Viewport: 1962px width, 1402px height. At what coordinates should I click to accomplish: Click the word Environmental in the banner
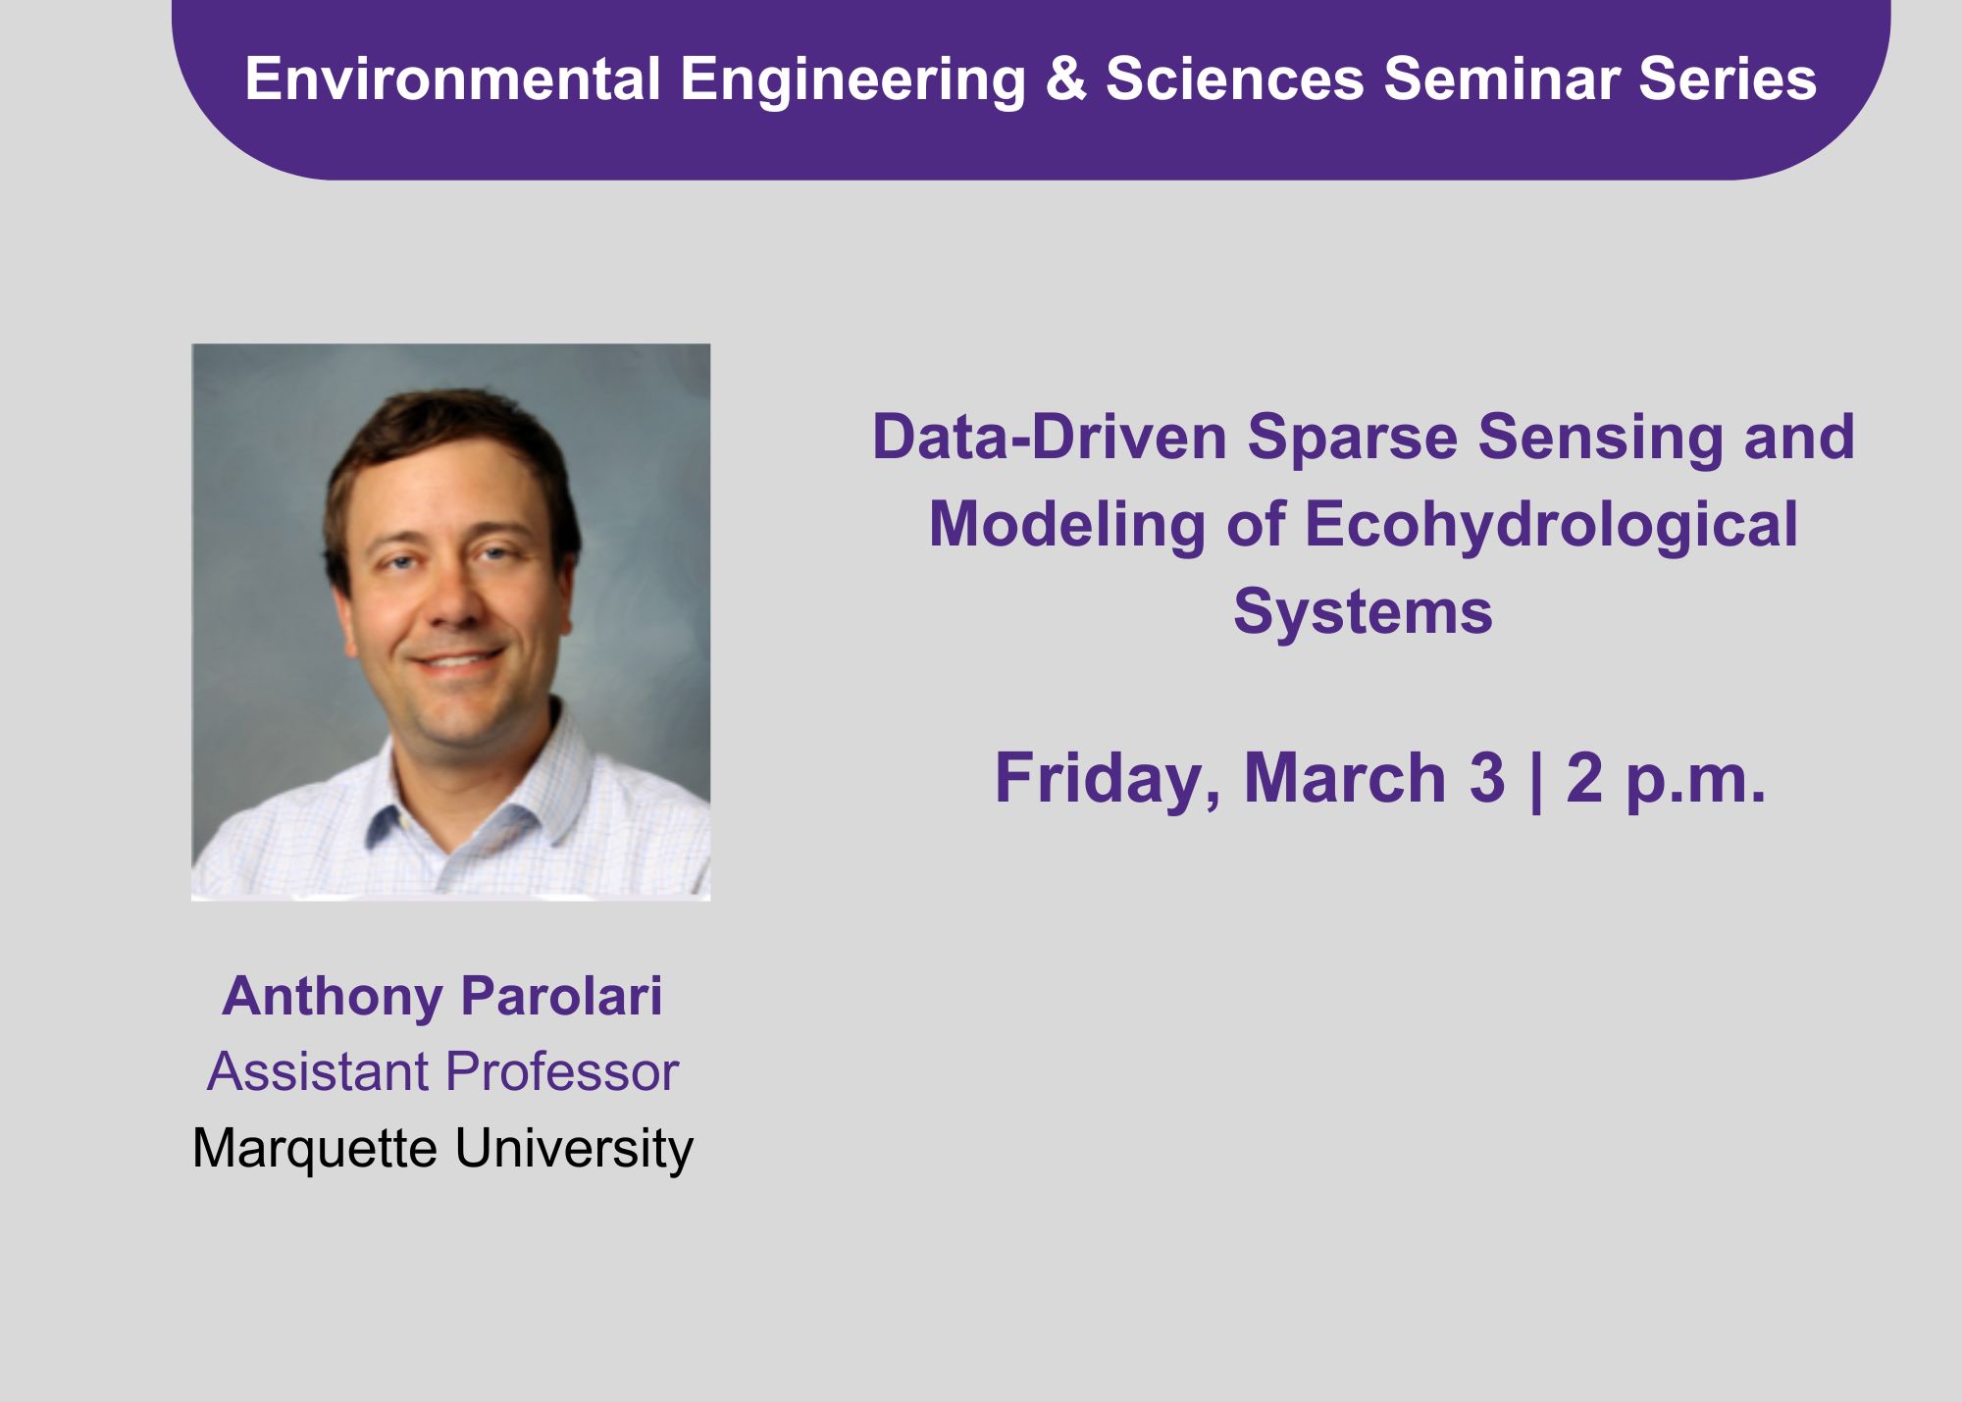pos(452,78)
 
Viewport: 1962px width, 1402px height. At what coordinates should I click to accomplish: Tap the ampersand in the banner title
pos(1066,78)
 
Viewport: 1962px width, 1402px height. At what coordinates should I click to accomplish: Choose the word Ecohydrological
pos(1551,524)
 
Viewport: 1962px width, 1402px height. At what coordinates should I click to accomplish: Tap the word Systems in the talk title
pos(1363,612)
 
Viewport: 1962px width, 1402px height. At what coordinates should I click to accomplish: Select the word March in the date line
pos(1345,778)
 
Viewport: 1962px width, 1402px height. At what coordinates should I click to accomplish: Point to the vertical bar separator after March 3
pos(1535,780)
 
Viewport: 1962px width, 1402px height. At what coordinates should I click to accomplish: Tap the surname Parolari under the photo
pos(561,996)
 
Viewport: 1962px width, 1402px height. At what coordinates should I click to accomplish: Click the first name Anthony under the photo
pos(333,998)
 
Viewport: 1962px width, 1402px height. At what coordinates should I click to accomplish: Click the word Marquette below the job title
pos(315,1149)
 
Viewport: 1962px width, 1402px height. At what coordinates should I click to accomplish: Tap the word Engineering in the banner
pos(853,80)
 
